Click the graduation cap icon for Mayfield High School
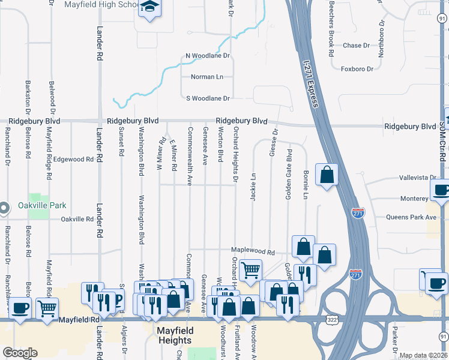pyautogui.click(x=148, y=8)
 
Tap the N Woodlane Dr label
pyautogui.click(x=208, y=56)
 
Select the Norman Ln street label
pyautogui.click(x=206, y=77)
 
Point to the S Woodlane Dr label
pyautogui.click(x=208, y=98)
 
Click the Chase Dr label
pyautogui.click(x=352, y=46)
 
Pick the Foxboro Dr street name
pyautogui.click(x=357, y=69)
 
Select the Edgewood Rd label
pyautogui.click(x=74, y=160)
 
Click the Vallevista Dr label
pyautogui.click(x=418, y=178)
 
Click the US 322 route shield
pyautogui.click(x=331, y=320)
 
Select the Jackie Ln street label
pyautogui.click(x=253, y=187)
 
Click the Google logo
pyautogui.click(x=20, y=353)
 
